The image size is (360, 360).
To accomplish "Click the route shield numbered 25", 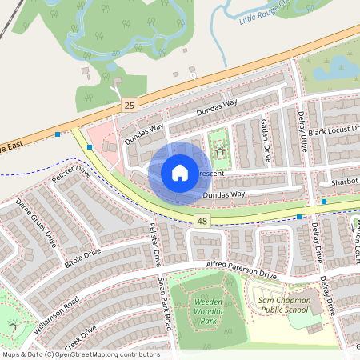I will [129, 106].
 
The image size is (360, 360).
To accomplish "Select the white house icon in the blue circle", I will [179, 173].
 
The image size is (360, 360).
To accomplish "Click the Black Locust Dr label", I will [334, 130].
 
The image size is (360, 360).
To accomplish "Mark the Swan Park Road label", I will [164, 302].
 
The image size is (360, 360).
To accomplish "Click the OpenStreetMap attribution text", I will [80, 354].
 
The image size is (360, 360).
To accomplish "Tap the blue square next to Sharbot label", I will [323, 202].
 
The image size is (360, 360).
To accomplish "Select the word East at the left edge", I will [11, 146].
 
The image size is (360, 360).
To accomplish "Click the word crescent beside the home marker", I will [213, 172].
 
